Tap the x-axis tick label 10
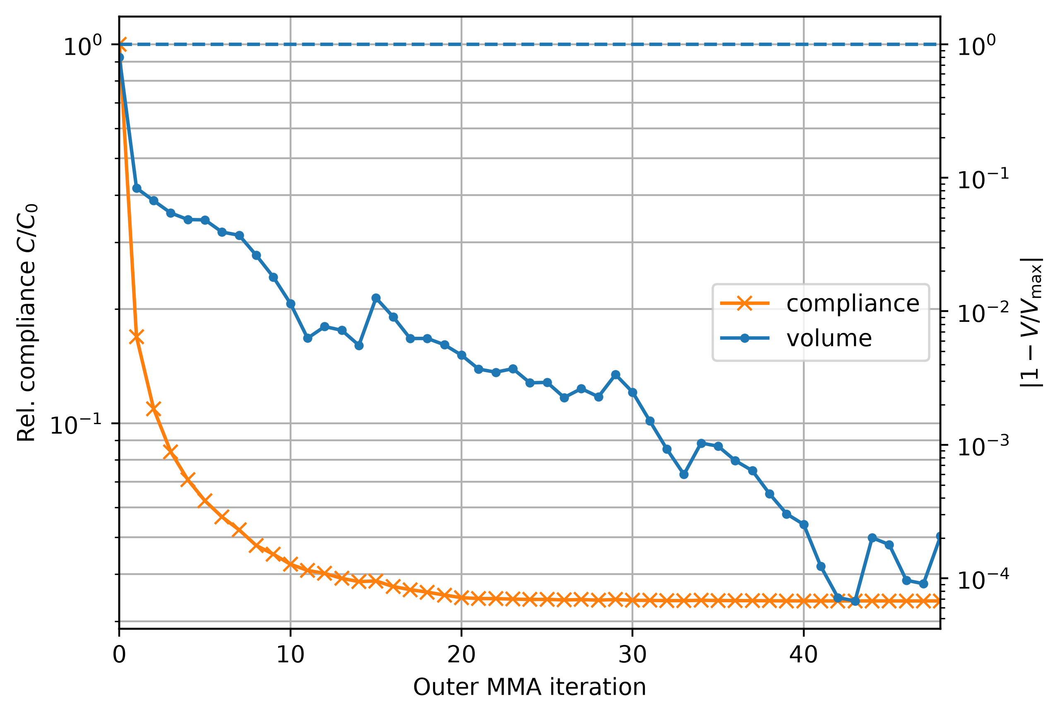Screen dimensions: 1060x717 pos(290,655)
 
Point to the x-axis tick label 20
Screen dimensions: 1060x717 pos(461,655)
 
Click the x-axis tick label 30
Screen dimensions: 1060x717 pos(632,655)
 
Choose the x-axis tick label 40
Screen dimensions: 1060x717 pos(803,655)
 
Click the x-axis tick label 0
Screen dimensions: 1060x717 pos(119,655)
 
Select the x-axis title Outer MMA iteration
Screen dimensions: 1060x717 pos(529,687)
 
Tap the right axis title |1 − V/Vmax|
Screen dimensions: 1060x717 pos(1031,323)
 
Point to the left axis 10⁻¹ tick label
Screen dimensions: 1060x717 pos(76,425)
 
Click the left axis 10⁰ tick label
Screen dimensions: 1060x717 pos(82,46)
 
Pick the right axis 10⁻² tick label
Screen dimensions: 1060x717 pos(983,313)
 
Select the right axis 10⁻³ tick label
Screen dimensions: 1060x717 pos(983,447)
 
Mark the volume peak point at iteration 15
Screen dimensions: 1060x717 pos(376,298)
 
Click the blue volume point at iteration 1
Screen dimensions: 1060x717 pos(136,188)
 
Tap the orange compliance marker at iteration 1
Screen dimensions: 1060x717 pos(136,337)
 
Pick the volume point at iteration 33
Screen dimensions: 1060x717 pos(684,475)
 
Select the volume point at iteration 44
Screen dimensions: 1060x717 pos(872,538)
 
